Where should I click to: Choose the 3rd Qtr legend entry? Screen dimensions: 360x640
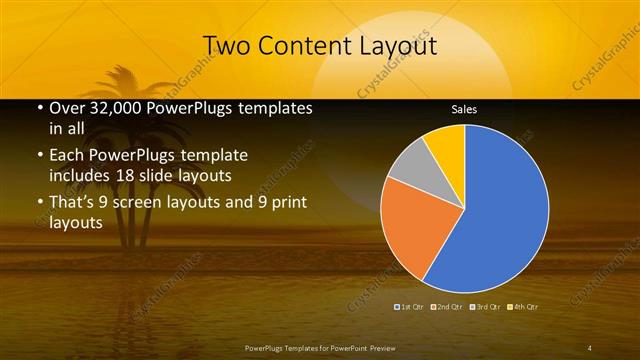pyautogui.click(x=486, y=305)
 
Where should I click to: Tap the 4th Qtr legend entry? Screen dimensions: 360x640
pyautogui.click(x=523, y=305)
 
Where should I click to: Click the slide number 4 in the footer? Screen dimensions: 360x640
pyautogui.click(x=590, y=347)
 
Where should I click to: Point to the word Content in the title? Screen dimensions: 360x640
pyautogui.click(x=299, y=46)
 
